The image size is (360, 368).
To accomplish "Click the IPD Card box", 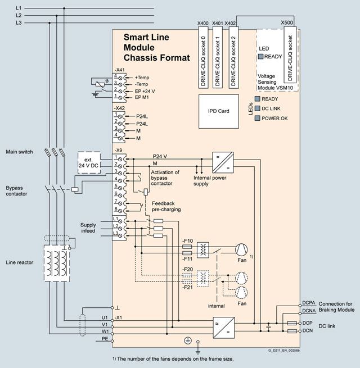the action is click(x=219, y=111).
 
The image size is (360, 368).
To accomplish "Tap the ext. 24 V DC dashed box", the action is click(x=89, y=162).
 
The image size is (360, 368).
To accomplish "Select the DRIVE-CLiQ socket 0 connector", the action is click(x=203, y=57).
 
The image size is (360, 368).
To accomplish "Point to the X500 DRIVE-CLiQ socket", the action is click(x=290, y=54).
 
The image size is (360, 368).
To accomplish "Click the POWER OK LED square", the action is click(x=258, y=118).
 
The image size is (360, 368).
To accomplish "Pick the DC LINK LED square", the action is click(x=258, y=108).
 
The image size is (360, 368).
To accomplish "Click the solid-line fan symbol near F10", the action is click(x=241, y=249).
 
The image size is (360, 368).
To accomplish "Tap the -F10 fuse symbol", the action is click(x=187, y=247).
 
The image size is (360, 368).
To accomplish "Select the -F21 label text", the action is click(x=187, y=287).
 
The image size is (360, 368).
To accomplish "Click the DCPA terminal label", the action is click(x=309, y=303).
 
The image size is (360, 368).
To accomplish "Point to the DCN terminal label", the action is click(x=308, y=330).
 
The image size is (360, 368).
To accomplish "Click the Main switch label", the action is click(x=19, y=152).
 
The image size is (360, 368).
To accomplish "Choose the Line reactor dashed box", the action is click(x=57, y=263).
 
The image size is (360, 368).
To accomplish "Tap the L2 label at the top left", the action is click(x=19, y=16).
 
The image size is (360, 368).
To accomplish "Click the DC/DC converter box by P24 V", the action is click(x=223, y=162).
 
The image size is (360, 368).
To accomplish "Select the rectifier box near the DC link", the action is click(x=224, y=328).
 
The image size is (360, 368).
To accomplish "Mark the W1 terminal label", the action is click(x=105, y=331).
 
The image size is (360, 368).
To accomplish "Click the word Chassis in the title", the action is click(x=140, y=58).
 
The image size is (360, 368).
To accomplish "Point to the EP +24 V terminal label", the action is click(x=145, y=91).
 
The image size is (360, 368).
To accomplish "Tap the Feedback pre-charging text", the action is click(x=166, y=206).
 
